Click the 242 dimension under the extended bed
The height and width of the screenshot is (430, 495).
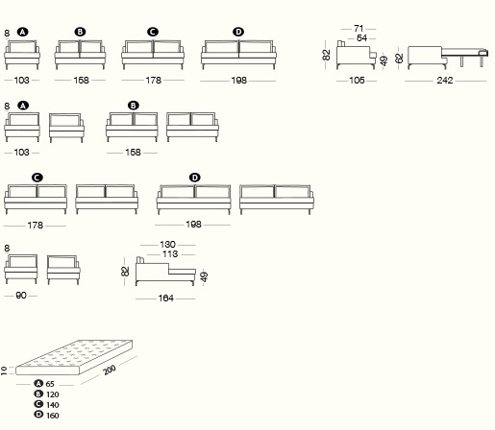445,80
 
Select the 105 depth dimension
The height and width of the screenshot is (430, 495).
357,80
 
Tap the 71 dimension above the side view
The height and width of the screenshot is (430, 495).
359,29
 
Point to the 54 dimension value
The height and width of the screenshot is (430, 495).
361,38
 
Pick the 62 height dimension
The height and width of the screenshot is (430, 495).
399,59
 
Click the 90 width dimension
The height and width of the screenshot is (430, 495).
21,296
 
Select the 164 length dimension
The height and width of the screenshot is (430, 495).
166,299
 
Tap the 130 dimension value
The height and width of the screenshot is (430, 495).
167,245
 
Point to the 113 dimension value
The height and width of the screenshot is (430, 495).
170,254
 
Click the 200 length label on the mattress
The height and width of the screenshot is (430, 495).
110,370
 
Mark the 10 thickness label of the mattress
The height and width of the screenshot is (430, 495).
4,370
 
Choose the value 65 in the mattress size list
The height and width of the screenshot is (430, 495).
50,384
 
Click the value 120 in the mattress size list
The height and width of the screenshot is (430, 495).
53,394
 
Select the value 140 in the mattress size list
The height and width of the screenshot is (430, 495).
53,405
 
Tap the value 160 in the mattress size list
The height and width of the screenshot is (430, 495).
53,416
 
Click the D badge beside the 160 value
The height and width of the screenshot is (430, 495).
38,415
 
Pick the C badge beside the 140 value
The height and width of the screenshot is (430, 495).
38,404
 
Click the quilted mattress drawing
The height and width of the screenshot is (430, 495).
74,357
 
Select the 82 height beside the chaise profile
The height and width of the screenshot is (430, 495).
125,272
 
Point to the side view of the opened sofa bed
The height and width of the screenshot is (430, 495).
448,58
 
